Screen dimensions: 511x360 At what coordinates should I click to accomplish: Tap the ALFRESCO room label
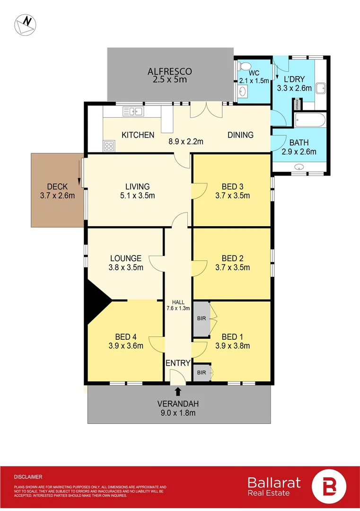tap(169, 71)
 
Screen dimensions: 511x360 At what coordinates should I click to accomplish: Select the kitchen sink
tap(133, 112)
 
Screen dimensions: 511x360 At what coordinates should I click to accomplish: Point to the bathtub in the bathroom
tap(310, 120)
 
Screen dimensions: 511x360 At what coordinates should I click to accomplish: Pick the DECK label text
tap(58, 186)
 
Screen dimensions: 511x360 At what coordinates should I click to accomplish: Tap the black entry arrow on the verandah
tap(178, 391)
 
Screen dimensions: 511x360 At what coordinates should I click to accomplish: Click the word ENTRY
tap(178, 363)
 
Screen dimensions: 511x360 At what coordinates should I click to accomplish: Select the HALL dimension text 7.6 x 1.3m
tap(178, 308)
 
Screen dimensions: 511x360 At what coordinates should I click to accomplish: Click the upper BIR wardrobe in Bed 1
tap(202, 318)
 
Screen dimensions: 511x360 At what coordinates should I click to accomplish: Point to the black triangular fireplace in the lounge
tap(98, 300)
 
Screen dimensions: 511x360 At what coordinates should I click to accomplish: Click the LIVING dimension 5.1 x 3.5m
tap(137, 195)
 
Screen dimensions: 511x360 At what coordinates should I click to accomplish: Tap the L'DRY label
tap(294, 79)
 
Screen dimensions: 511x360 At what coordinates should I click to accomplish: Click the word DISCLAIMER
tap(28, 477)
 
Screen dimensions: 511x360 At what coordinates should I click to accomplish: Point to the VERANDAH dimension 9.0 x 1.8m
tap(178, 413)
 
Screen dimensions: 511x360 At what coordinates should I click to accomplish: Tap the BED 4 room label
tap(126, 337)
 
